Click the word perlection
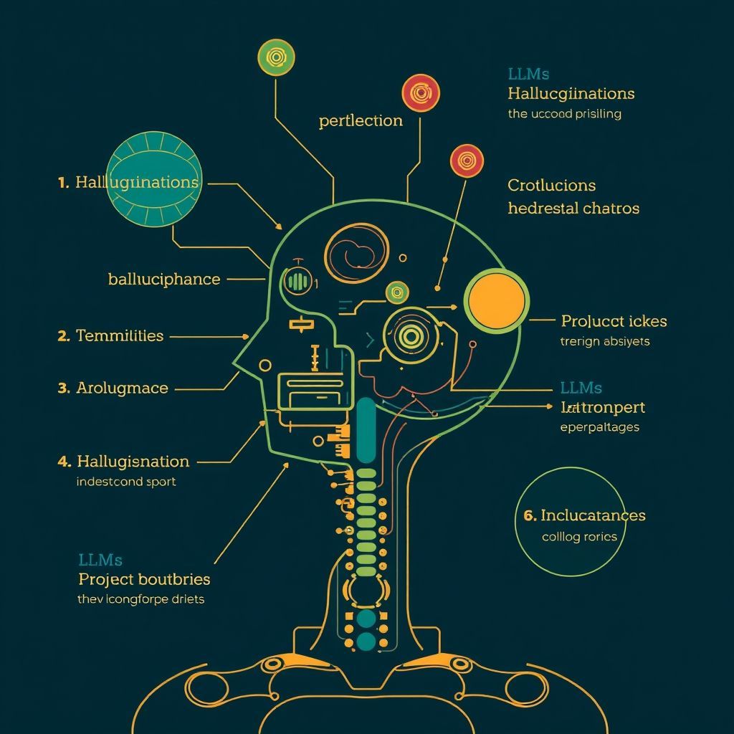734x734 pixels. point(361,120)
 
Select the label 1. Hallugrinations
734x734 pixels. point(128,182)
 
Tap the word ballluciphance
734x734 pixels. point(164,279)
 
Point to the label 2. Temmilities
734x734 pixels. point(110,335)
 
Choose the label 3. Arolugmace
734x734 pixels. point(113,389)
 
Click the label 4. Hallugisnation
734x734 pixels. point(123,462)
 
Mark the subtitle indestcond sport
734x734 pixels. point(125,482)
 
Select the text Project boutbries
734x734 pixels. point(144,578)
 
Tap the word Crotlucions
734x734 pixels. point(551,185)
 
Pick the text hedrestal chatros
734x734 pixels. point(573,209)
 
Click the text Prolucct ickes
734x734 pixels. point(614,321)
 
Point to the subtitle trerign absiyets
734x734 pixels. point(604,341)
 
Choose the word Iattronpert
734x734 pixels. point(602,408)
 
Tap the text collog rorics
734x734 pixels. point(579,536)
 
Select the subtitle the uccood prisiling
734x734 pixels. point(564,113)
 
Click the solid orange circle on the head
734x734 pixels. point(496,300)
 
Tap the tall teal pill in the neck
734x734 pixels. point(366,429)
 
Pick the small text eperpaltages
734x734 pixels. point(599,427)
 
